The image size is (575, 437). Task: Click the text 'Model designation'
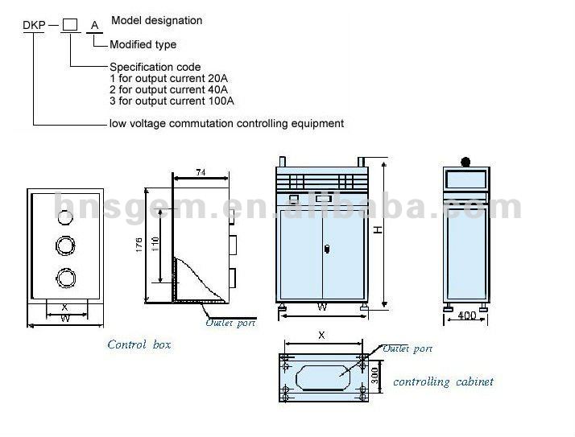[x=156, y=20]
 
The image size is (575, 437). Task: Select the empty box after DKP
[x=71, y=26]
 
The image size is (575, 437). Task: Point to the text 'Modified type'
[x=143, y=44]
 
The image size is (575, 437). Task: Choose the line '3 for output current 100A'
[x=171, y=101]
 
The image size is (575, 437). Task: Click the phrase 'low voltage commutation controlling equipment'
[x=226, y=123]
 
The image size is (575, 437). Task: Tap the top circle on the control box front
[x=64, y=212]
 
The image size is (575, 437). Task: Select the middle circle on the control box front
[x=64, y=244]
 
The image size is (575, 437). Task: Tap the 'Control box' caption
[x=139, y=344]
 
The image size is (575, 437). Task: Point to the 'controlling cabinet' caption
[x=442, y=381]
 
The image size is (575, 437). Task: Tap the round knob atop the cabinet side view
[x=465, y=158]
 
